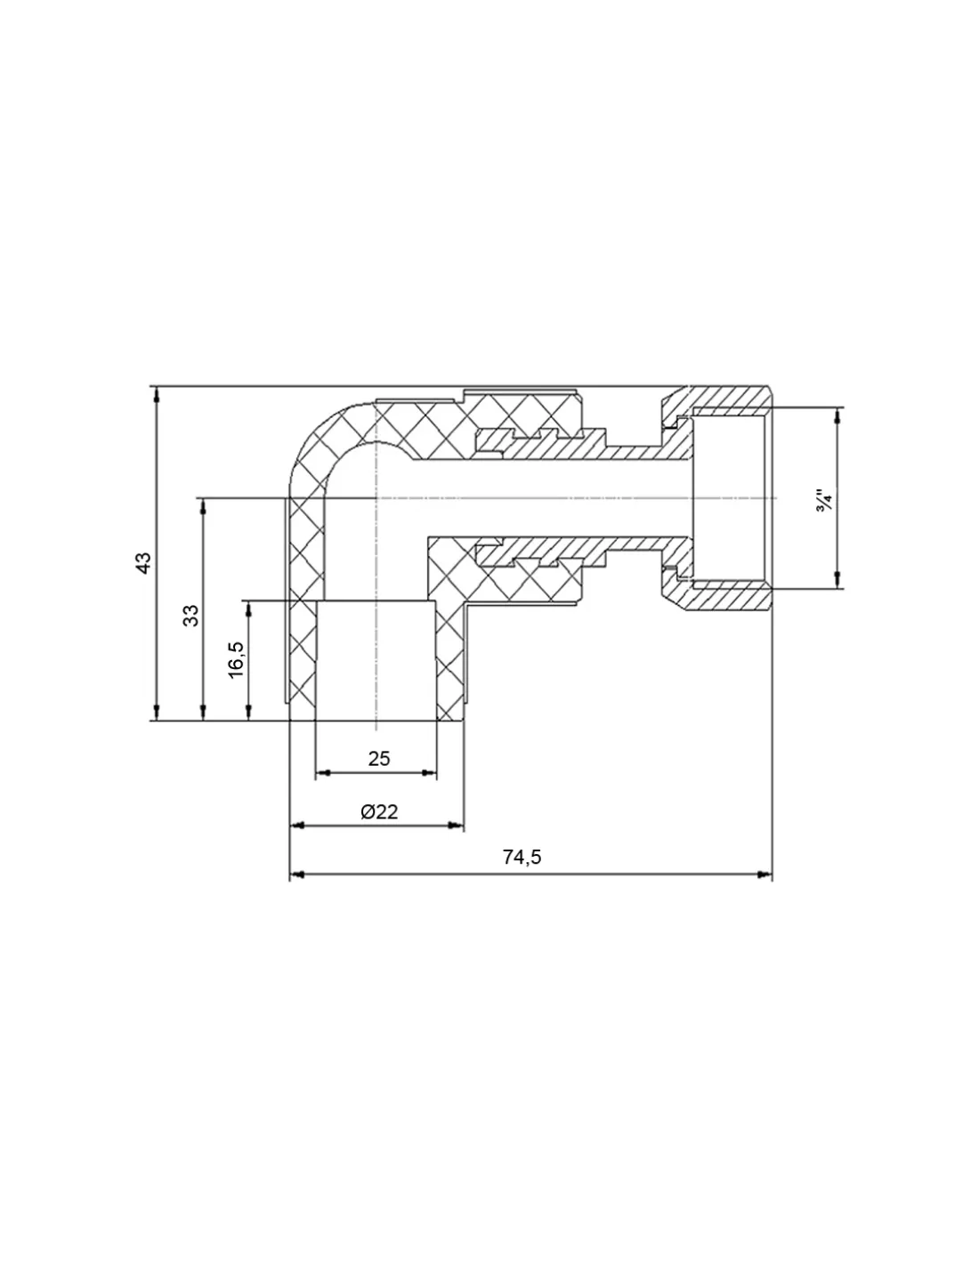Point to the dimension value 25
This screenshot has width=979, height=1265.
click(x=379, y=758)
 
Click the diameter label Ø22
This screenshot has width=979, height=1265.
click(x=378, y=811)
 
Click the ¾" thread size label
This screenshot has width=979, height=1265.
click(x=824, y=499)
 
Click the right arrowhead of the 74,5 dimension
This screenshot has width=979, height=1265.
click(x=765, y=874)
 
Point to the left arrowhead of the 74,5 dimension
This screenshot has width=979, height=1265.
click(x=297, y=874)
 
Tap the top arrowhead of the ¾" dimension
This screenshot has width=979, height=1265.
click(x=837, y=414)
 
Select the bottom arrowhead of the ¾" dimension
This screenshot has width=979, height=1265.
click(x=837, y=583)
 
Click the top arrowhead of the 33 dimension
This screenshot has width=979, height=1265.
click(x=203, y=504)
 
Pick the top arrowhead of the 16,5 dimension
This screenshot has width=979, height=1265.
click(x=249, y=608)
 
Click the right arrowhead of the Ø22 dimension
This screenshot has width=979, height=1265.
click(x=457, y=826)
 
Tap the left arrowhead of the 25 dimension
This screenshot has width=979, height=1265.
click(x=322, y=773)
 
